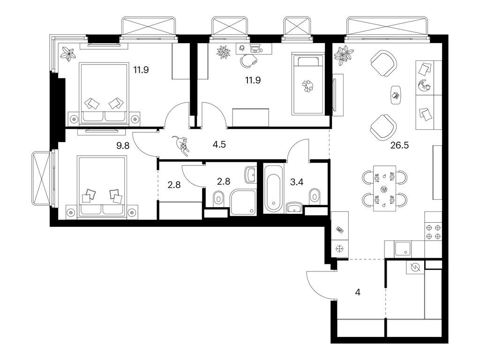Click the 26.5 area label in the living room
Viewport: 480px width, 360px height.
(399, 145)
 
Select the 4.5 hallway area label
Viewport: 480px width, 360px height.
(219, 144)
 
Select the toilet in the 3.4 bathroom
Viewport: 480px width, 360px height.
(315, 195)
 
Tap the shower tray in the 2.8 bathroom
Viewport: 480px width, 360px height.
(243, 202)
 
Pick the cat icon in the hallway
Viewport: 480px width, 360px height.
(180, 143)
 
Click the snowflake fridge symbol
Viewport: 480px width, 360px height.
(339, 249)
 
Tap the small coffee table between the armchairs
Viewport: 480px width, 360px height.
(396, 94)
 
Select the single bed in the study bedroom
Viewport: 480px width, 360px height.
(307, 84)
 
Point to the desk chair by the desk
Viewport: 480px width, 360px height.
(247, 60)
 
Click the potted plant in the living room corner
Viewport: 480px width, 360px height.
(344, 54)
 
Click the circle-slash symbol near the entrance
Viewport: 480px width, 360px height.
(414, 268)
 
